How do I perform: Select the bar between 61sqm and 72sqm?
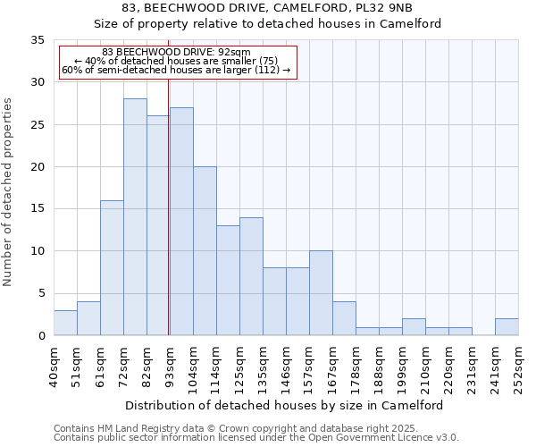tap(112, 268)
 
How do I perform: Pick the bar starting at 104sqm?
tap(205, 251)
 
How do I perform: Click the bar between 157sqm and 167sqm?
tap(321, 293)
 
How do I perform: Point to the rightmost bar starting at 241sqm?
tap(507, 327)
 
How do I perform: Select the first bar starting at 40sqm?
tap(65, 323)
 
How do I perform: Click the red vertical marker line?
tap(169, 206)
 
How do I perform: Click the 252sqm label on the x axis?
tap(518, 367)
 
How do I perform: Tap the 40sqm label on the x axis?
tap(54, 367)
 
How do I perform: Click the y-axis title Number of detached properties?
tap(8, 192)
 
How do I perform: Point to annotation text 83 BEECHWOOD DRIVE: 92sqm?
tap(176, 53)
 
